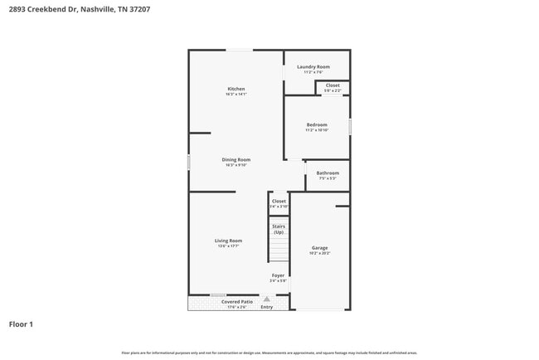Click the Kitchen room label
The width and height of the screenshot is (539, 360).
[x=236, y=89]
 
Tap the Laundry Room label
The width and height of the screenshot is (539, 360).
[x=313, y=66]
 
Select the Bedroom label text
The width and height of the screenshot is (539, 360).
[x=317, y=124]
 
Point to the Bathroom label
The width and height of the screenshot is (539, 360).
[x=328, y=173]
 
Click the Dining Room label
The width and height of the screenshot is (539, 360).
[x=236, y=159]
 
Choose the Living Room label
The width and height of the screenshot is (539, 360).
[x=229, y=241]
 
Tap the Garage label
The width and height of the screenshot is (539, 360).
[x=320, y=247]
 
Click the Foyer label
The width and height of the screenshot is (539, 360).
[x=279, y=275]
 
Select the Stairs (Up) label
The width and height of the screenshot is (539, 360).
[x=279, y=229]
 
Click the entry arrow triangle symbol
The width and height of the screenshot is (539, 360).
[x=267, y=299]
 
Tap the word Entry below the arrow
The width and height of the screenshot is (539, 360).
[x=267, y=307]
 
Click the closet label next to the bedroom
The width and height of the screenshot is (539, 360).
[x=333, y=85]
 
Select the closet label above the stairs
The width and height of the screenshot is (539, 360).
[x=279, y=201]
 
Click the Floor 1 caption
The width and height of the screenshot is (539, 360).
[x=21, y=324]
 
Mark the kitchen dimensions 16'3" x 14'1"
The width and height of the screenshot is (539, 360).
[x=236, y=95]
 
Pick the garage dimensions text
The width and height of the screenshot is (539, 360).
[x=320, y=253]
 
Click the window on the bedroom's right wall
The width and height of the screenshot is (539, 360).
[x=350, y=126]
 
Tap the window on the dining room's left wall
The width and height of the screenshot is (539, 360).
[x=189, y=163]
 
